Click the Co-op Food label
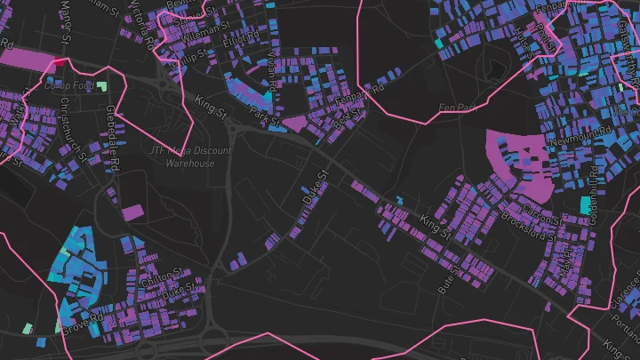[x=69, y=85]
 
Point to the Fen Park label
[x=459, y=108]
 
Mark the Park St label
[x=265, y=116]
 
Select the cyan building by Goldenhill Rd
[x=584, y=205]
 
